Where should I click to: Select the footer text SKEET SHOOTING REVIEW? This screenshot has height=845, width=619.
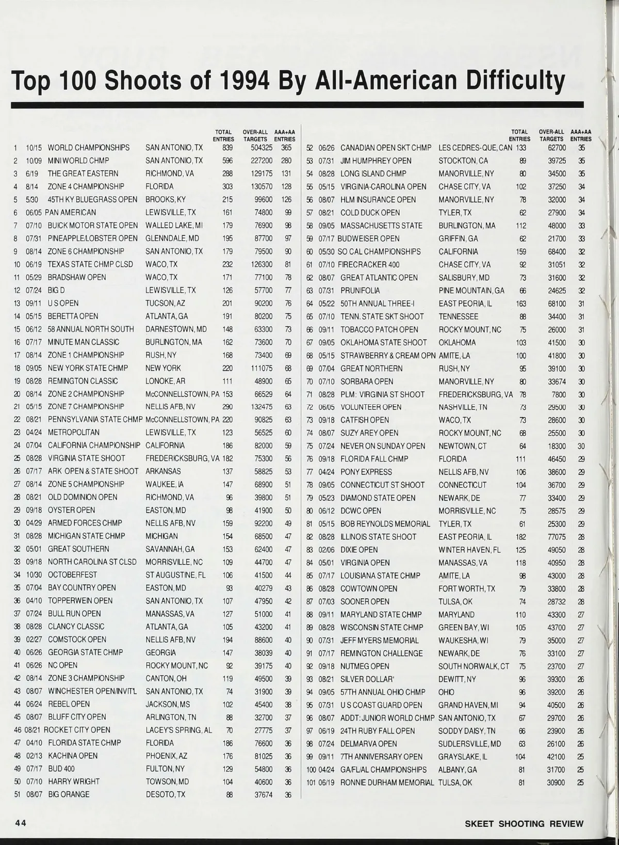pyautogui.click(x=524, y=823)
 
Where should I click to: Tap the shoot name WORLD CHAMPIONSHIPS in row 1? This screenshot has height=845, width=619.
pyautogui.click(x=89, y=148)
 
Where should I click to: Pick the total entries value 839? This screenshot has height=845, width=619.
pyautogui.click(x=227, y=148)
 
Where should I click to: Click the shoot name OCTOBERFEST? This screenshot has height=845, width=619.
pyautogui.click(x=72, y=575)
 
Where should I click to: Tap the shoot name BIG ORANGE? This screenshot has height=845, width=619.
pyautogui.click(x=69, y=794)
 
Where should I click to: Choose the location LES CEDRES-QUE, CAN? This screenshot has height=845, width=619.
pyautogui.click(x=475, y=148)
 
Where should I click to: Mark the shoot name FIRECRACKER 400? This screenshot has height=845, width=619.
pyautogui.click(x=369, y=264)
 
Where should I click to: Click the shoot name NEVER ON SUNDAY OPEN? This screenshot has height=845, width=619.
pyautogui.click(x=383, y=446)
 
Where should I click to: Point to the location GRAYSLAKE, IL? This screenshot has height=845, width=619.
pyautogui.click(x=463, y=757)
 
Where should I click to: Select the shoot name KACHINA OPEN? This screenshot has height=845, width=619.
pyautogui.click(x=73, y=756)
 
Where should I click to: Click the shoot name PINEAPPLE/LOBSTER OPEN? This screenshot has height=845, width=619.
pyautogui.click(x=93, y=238)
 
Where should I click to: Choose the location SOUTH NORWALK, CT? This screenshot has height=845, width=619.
pyautogui.click(x=474, y=666)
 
